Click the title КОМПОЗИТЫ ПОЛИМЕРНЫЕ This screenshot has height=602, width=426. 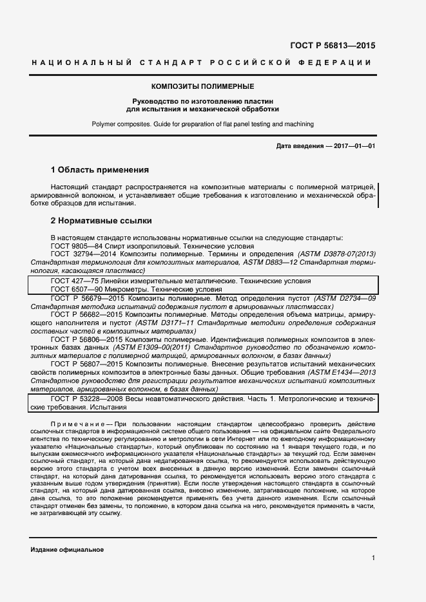[x=202, y=86]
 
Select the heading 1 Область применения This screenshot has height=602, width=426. [x=100, y=171]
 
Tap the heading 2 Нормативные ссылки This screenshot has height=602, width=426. [x=101, y=220]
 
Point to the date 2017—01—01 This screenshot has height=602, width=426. [x=353, y=147]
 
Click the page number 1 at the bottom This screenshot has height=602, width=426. [x=373, y=558]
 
